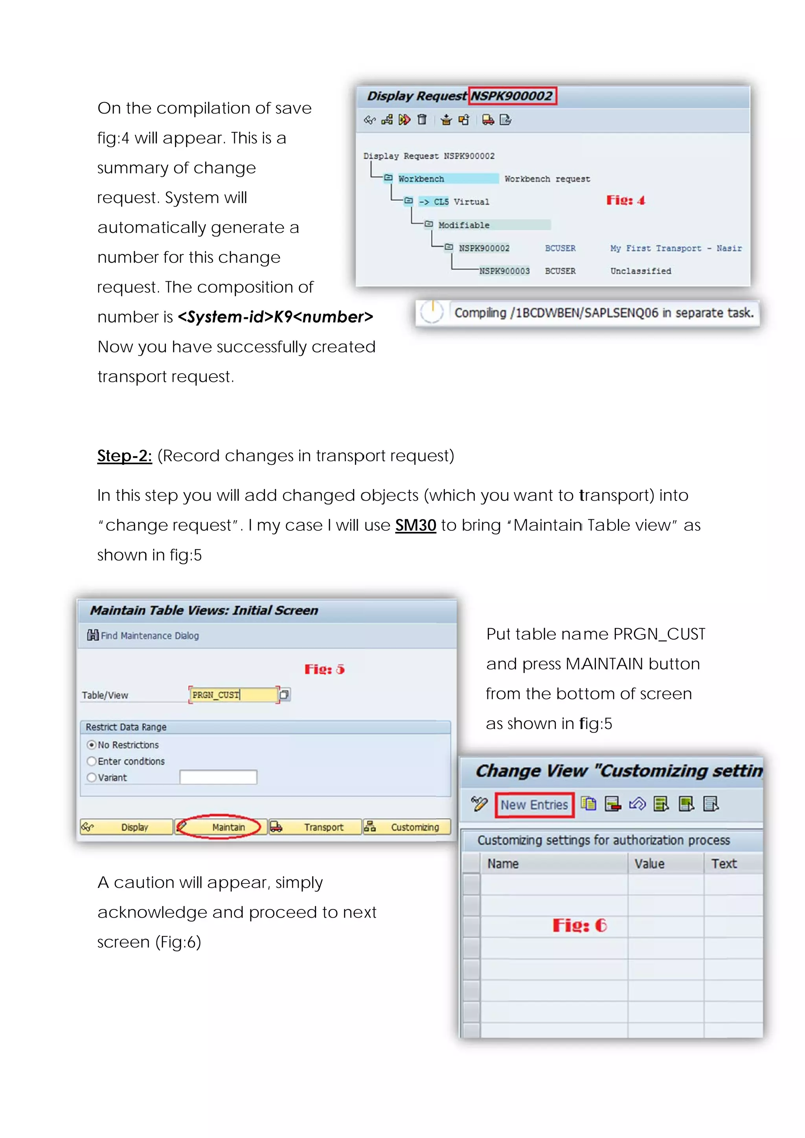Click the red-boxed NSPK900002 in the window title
pyautogui.click(x=511, y=96)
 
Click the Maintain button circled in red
pyautogui.click(x=219, y=827)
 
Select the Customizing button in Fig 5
pyautogui.click(x=407, y=827)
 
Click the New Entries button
pyautogui.click(x=534, y=804)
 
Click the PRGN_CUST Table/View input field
pyautogui.click(x=233, y=695)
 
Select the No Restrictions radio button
pyautogui.click(x=92, y=744)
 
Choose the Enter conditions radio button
pyautogui.click(x=92, y=761)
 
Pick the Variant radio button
pyautogui.click(x=92, y=777)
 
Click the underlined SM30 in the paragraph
pyautogui.click(x=415, y=525)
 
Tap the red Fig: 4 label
pyautogui.click(x=625, y=200)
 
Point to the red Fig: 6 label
pyautogui.click(x=579, y=925)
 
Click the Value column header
pyautogui.click(x=649, y=863)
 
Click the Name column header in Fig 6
pyautogui.click(x=503, y=863)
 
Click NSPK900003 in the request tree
pyautogui.click(x=504, y=271)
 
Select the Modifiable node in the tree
pyautogui.click(x=464, y=225)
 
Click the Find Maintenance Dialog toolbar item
pyautogui.click(x=143, y=636)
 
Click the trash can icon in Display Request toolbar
pyautogui.click(x=422, y=119)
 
